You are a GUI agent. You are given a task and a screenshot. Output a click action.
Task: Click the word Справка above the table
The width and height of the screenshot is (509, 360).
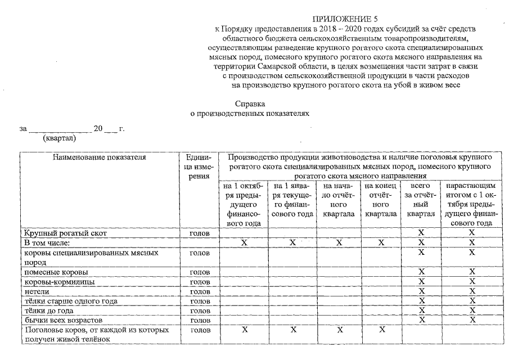point(250,104)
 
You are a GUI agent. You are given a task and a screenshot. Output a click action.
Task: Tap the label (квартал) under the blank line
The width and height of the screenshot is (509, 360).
point(59,138)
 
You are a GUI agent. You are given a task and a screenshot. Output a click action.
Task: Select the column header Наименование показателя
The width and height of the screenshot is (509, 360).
point(100,157)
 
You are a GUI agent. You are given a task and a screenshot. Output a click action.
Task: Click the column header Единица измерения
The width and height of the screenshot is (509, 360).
point(197,166)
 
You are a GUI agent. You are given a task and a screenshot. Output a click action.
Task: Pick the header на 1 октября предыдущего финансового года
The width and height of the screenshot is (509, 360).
point(244,204)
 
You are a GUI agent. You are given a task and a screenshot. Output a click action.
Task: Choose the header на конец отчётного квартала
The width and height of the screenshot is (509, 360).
point(381,200)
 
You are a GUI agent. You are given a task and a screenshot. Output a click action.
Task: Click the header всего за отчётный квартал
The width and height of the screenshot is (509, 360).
point(421,200)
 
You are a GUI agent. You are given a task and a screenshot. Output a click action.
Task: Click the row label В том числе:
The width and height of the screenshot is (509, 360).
point(46,242)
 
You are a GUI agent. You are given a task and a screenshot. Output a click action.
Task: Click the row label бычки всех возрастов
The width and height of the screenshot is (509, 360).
point(62,320)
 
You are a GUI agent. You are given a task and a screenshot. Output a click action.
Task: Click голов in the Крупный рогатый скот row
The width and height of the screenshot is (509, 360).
point(200,232)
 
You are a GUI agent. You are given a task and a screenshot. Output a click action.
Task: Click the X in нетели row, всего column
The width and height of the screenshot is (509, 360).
point(421,291)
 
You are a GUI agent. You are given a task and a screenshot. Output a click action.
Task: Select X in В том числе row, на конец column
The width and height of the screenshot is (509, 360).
point(381,242)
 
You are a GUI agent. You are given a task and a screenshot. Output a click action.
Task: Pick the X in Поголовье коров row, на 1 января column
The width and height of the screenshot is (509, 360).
point(292,330)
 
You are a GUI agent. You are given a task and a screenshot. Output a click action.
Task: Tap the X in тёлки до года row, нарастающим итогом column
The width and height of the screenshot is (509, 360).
point(472,310)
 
